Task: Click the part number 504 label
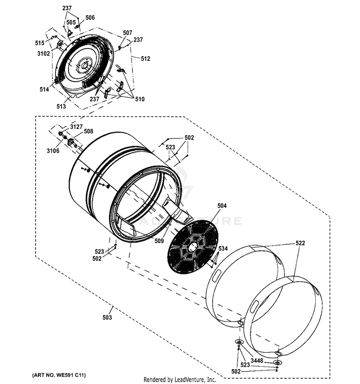tap(222, 206)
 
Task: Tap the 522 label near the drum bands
tap(300, 244)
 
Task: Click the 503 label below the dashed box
tap(107, 318)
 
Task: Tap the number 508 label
tap(88, 131)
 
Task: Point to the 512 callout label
tap(145, 59)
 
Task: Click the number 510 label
tap(139, 99)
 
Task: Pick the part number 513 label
tap(61, 106)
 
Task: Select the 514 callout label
tap(44, 90)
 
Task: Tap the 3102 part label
tap(44, 54)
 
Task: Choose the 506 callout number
tap(90, 18)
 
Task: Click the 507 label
tap(127, 33)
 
